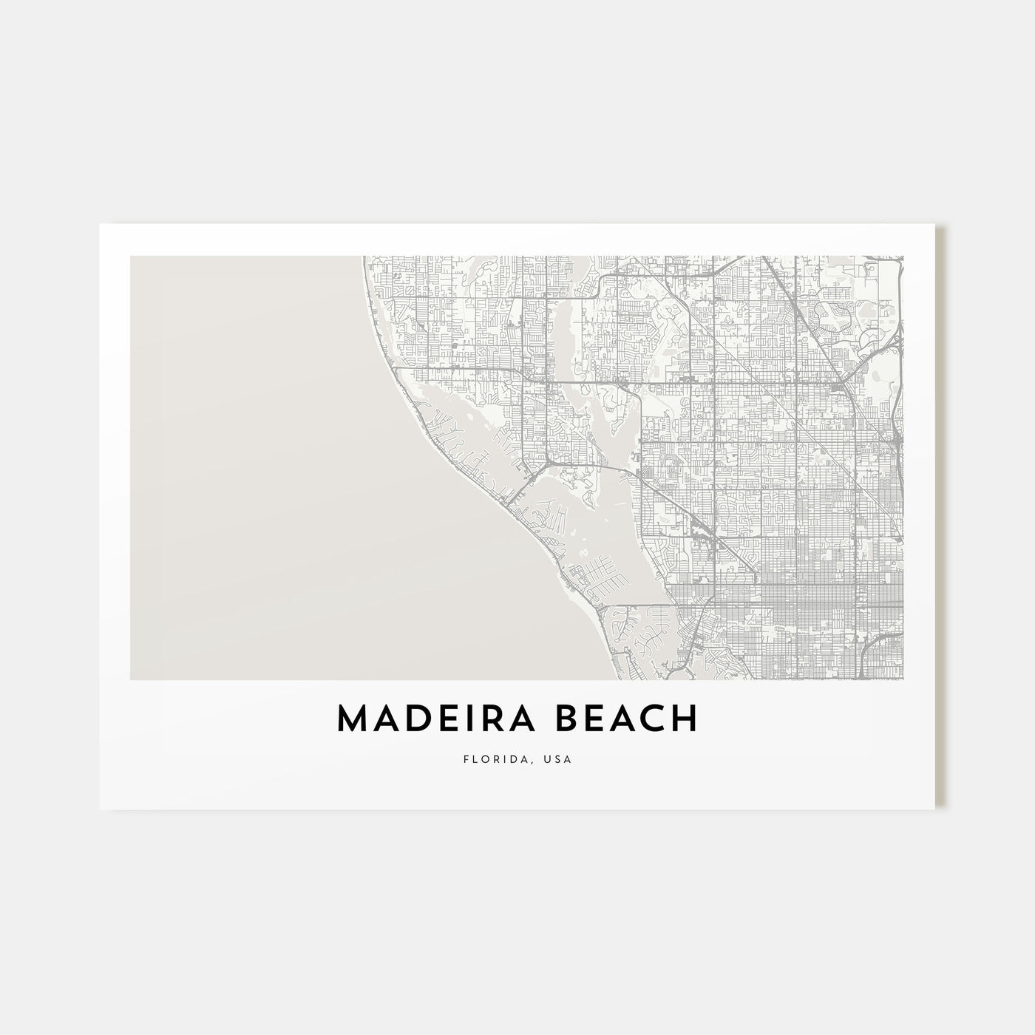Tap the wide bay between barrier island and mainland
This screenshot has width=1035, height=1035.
[x=606, y=532]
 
